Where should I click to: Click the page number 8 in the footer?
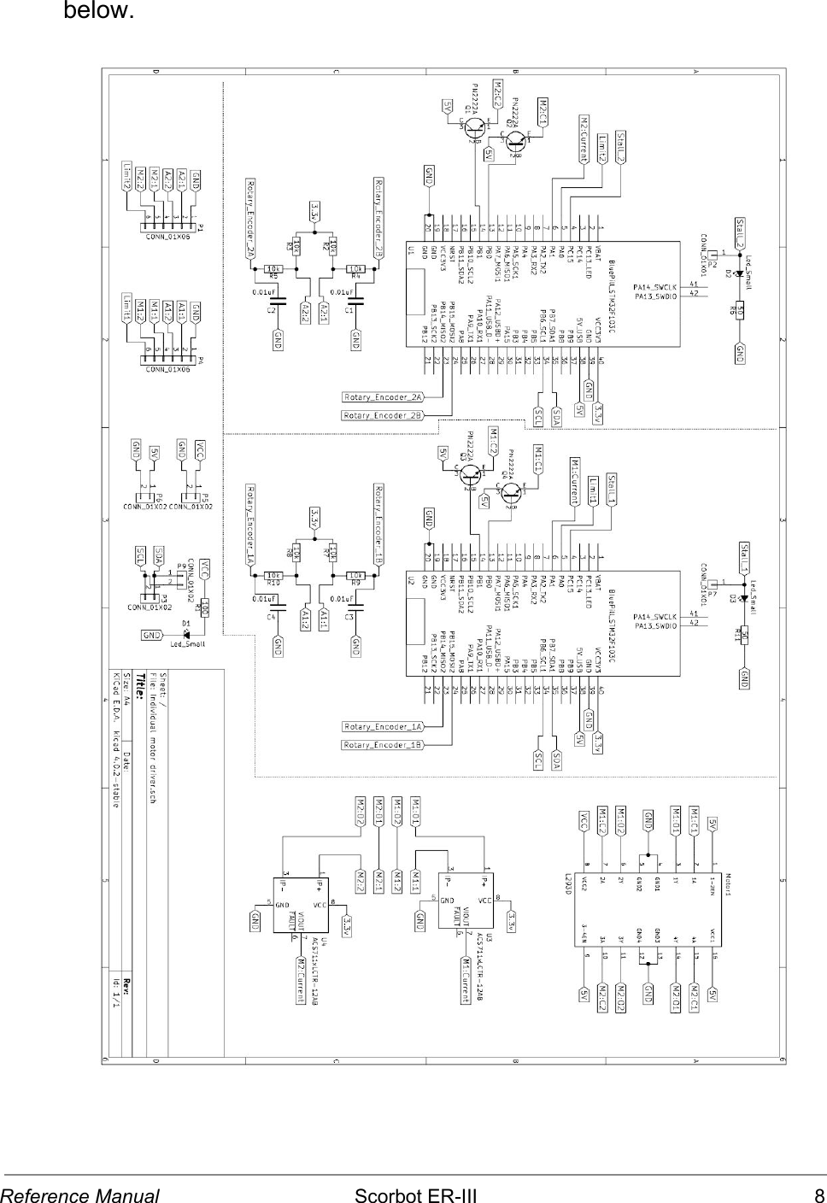818,1194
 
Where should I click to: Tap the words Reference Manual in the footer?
80,1194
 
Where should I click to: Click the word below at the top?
97,12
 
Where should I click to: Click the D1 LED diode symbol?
185,633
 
